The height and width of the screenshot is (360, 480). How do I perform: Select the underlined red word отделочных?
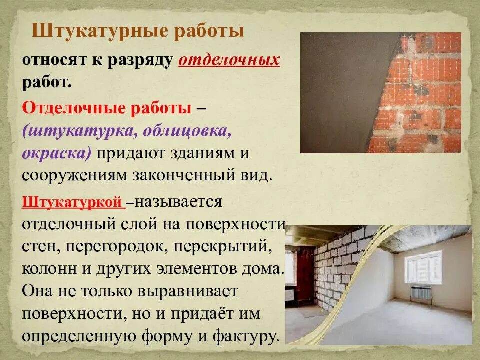point(229,60)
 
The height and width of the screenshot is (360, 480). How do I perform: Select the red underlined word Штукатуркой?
point(73,202)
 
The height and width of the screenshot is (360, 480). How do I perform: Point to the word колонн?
point(48,268)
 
